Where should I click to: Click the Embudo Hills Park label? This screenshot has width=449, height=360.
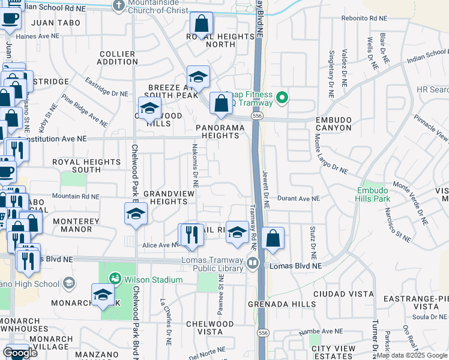tap(372, 194)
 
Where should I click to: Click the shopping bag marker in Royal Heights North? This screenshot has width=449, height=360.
tap(202, 25)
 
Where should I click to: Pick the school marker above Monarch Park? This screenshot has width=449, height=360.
tap(103, 295)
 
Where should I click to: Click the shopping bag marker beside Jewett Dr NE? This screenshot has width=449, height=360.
tap(273, 238)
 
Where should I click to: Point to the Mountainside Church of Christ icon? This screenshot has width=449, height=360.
tap(119, 5)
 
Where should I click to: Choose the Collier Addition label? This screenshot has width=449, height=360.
tap(117, 58)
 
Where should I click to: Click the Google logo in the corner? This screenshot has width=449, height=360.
tap(20, 353)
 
